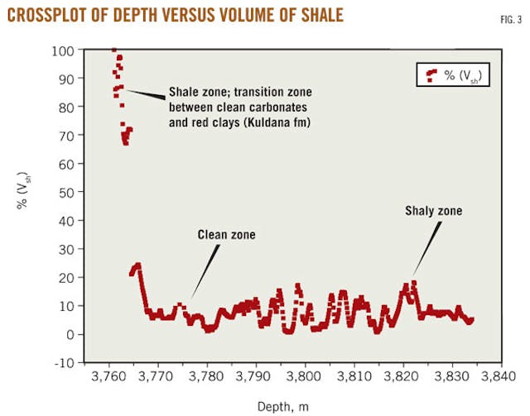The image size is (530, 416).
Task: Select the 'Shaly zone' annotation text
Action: click(x=434, y=212)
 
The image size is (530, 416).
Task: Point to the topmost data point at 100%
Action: click(x=113, y=50)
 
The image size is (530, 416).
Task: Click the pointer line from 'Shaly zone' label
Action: click(x=423, y=248)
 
